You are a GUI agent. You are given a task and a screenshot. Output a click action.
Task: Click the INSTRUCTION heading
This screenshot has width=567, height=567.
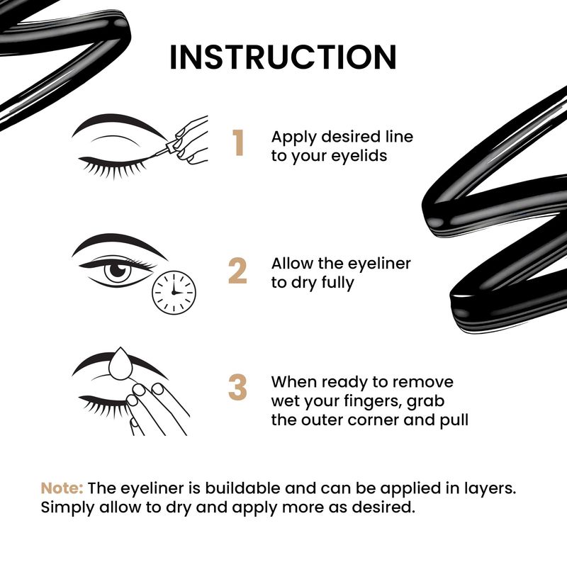click(283, 57)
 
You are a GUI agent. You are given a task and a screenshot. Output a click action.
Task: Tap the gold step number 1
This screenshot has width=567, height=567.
click(238, 143)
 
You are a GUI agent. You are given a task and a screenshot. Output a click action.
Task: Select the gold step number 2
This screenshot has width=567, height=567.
click(237, 271)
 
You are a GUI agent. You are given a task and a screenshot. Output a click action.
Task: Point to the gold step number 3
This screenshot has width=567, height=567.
click(237, 387)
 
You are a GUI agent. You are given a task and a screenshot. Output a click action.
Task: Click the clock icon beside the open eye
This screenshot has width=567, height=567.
click(174, 293)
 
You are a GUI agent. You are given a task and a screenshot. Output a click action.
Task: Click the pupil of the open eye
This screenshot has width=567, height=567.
click(117, 270)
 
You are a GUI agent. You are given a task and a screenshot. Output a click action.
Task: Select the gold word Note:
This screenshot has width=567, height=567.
click(62, 488)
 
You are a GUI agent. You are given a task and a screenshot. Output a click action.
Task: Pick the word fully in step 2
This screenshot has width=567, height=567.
click(337, 283)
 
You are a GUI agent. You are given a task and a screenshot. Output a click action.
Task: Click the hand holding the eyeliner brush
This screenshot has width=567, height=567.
click(190, 139)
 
